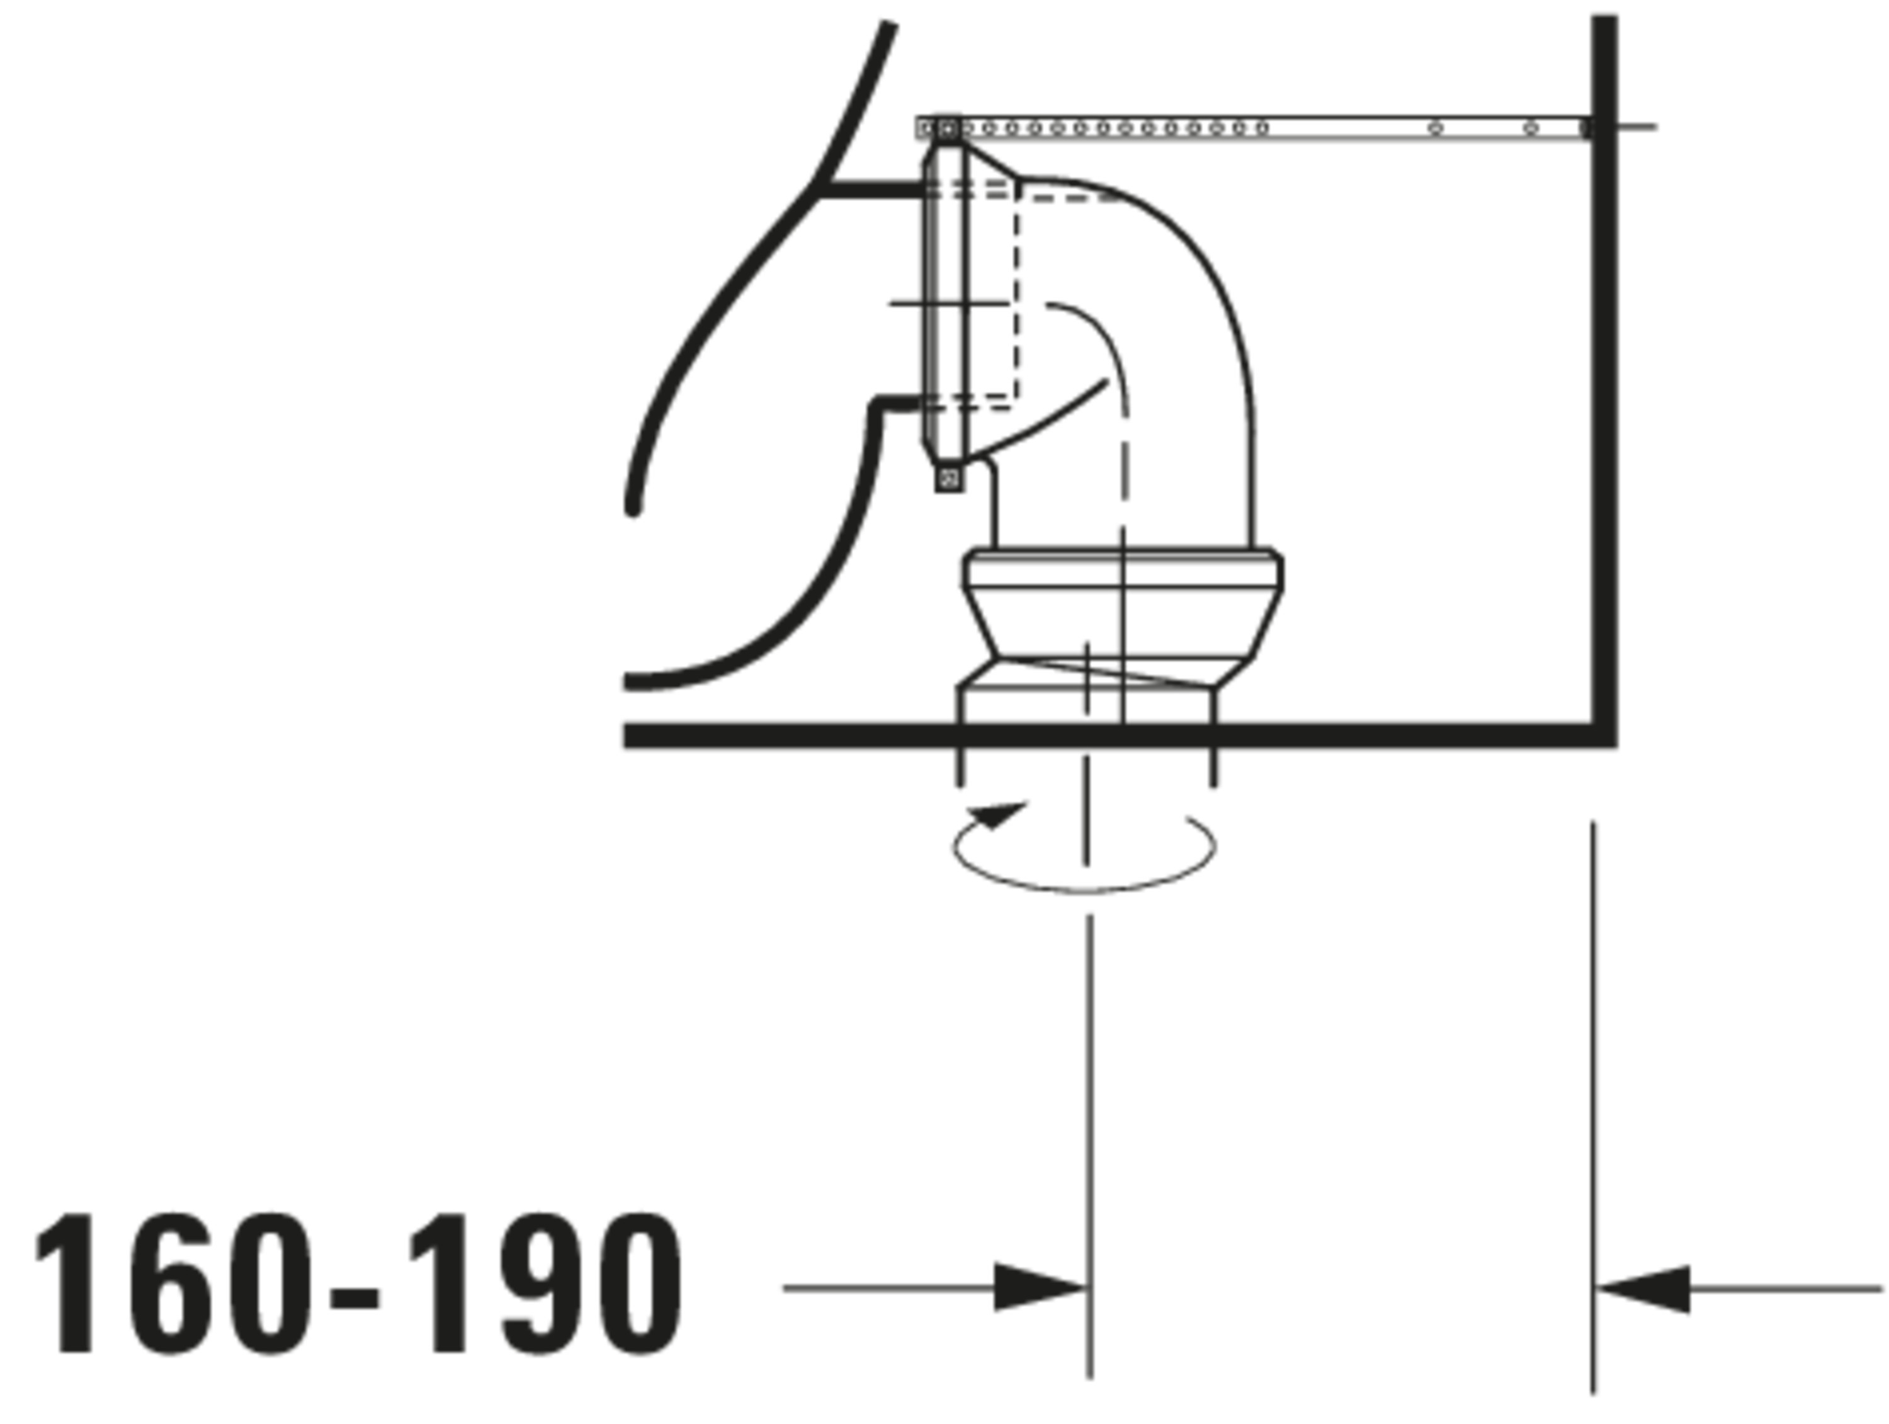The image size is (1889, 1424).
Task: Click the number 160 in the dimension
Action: pyautogui.click(x=173, y=1283)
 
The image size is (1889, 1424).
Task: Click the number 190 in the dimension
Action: pyautogui.click(x=546, y=1283)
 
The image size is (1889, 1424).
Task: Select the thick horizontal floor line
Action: pyautogui.click(x=1119, y=736)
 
